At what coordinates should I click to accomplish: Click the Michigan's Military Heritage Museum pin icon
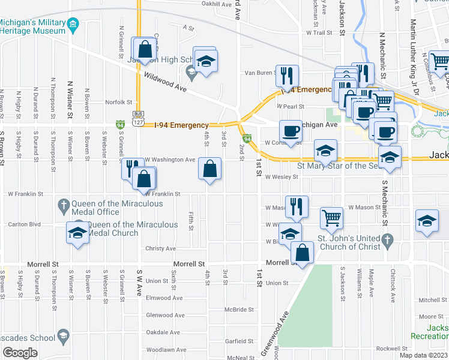pyautogui.click(x=73, y=25)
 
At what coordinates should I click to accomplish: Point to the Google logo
pyautogui.click(x=20, y=353)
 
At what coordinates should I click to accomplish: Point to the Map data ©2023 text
pyautogui.click(x=424, y=355)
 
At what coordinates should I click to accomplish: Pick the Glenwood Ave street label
pyautogui.click(x=164, y=315)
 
